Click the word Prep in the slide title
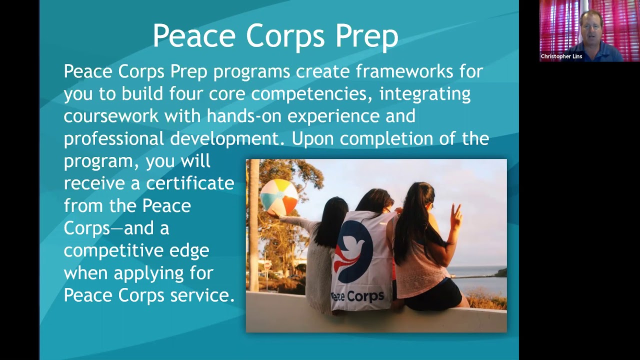(366, 36)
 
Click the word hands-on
(244, 116)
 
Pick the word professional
(113, 138)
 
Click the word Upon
(312, 138)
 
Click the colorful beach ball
(279, 197)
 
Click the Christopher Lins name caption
(561, 56)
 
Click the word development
(227, 138)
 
